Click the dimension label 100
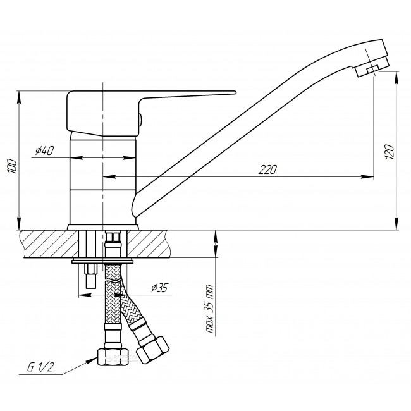coord(13,166)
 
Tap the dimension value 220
coord(267,169)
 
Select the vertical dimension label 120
coord(390,152)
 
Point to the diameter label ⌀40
coord(44,150)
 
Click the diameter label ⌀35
coord(159,288)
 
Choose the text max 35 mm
coord(209,309)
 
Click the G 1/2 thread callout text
coord(40,367)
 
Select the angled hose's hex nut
coord(152,350)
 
